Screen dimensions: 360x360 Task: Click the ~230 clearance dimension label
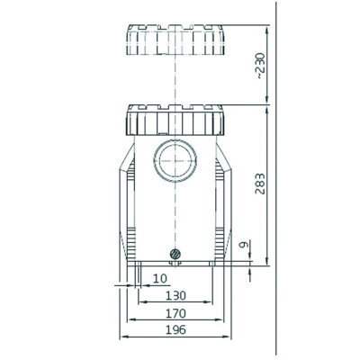[261, 66]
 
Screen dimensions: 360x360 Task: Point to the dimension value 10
[159, 279]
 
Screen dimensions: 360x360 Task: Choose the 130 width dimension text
[176, 296]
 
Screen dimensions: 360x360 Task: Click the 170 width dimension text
[176, 313]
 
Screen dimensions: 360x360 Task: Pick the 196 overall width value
[176, 330]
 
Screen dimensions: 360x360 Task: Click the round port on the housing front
[175, 162]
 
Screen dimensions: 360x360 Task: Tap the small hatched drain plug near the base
[175, 254]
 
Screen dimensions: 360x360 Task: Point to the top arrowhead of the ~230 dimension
[267, 24]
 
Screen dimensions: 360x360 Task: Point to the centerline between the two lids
[175, 81]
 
